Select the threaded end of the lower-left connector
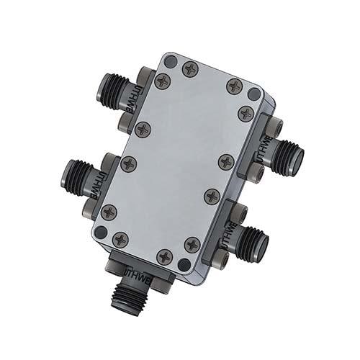(x=76, y=173)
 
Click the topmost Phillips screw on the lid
(x=190, y=69)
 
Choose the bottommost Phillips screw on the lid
(x=165, y=256)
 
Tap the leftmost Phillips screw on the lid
(x=109, y=212)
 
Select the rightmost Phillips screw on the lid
(x=246, y=113)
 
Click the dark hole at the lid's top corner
(x=170, y=63)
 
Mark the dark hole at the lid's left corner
(x=102, y=232)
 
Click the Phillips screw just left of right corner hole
(x=235, y=86)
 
